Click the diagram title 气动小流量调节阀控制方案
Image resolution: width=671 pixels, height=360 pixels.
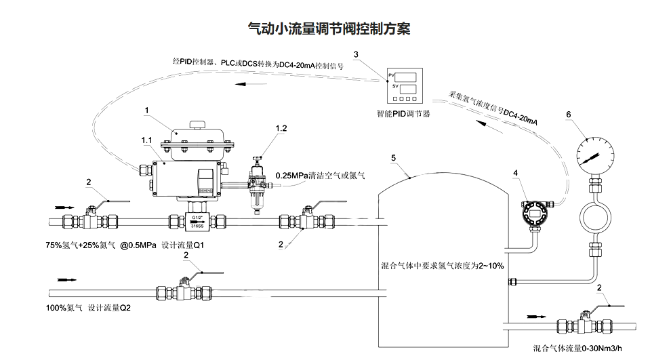[x=329, y=28]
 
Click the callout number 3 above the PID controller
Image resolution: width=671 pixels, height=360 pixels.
[x=357, y=54]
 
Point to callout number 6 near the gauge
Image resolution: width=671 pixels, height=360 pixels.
[x=568, y=115]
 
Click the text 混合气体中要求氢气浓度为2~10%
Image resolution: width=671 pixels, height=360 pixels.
[x=443, y=266]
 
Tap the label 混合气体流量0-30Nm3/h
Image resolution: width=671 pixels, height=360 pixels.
[x=577, y=348]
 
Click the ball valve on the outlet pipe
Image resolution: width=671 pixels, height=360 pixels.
[x=583, y=325]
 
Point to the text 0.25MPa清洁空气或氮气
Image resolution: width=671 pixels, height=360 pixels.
[x=320, y=176]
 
